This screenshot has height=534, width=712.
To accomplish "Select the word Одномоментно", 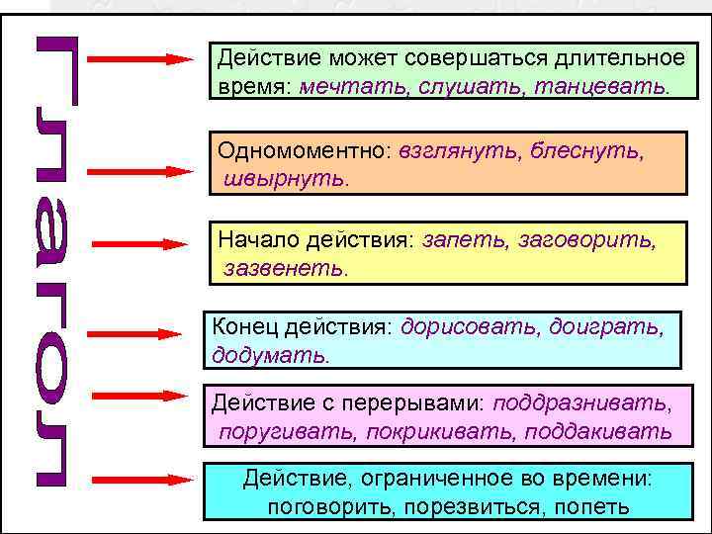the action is (x=307, y=153).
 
